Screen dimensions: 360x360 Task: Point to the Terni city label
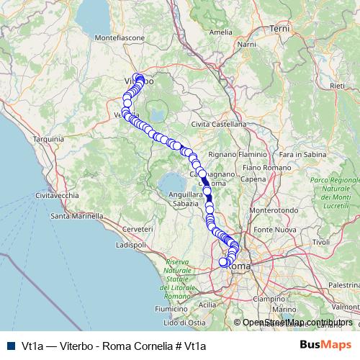click(x=279, y=28)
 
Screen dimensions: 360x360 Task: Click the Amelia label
click(x=221, y=32)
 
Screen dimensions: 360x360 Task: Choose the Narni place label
click(x=246, y=45)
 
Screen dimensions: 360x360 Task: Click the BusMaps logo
click(x=325, y=346)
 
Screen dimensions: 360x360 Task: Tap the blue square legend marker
click(x=10, y=346)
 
